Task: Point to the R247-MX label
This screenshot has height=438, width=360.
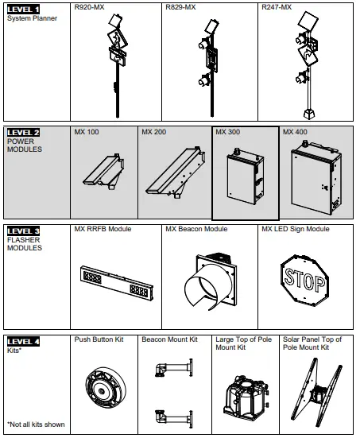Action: (275, 8)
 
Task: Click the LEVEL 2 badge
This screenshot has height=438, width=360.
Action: (23, 132)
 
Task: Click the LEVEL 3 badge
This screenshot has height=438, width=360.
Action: (23, 231)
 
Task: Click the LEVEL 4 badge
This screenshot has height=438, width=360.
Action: (23, 340)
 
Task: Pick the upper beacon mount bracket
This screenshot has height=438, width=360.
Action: (173, 369)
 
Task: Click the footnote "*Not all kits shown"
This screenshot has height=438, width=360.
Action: (36, 424)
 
